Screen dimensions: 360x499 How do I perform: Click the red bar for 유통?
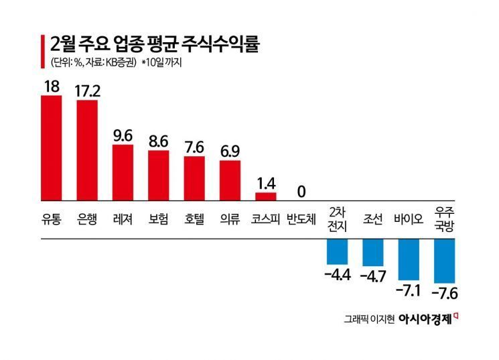(x=52, y=147)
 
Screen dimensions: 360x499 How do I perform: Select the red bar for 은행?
(x=87, y=149)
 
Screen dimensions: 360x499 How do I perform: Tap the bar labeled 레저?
(x=123, y=171)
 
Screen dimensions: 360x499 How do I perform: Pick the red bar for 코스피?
(x=266, y=195)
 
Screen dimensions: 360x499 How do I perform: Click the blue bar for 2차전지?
(x=337, y=251)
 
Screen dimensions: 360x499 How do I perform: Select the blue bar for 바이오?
(x=409, y=259)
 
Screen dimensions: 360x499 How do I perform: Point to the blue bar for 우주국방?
(x=445, y=261)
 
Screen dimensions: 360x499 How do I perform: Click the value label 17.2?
(x=87, y=91)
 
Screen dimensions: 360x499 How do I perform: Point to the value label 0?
(x=301, y=192)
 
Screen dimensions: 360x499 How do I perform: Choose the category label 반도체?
(x=301, y=219)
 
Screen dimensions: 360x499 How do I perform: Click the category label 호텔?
(x=194, y=219)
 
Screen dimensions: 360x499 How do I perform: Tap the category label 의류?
(x=230, y=219)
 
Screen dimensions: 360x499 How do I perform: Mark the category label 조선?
(x=373, y=219)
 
